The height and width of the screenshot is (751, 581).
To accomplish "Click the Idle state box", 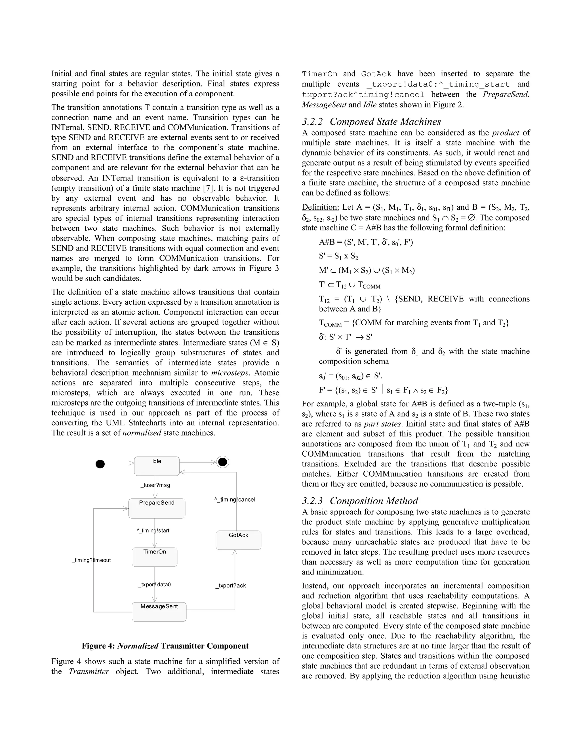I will pyautogui.click(x=157, y=466).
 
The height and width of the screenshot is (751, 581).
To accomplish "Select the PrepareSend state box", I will pyautogui.click(x=157, y=508).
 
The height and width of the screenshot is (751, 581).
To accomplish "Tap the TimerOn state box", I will pyautogui.click(x=155, y=557).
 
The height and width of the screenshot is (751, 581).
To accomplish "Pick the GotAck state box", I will pyautogui.click(x=238, y=540).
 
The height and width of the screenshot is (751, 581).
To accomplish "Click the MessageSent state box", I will pyautogui.click(x=159, y=611).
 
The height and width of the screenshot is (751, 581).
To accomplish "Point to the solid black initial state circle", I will pyautogui.click(x=100, y=464).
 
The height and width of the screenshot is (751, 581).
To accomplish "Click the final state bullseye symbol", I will pyautogui.click(x=223, y=462).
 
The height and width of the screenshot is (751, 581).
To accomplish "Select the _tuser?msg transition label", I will pyautogui.click(x=155, y=485).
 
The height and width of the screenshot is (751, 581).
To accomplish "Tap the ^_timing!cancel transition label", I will pyautogui.click(x=235, y=500).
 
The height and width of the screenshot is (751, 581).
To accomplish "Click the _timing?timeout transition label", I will pyautogui.click(x=92, y=560).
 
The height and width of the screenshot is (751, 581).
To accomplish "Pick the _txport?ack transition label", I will pyautogui.click(x=231, y=585).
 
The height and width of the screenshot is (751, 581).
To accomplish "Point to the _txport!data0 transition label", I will pyautogui.click(x=155, y=585).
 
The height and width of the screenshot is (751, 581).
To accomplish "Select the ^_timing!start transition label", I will pyautogui.click(x=153, y=531).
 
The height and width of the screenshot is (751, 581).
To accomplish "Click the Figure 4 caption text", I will pyautogui.click(x=165, y=646).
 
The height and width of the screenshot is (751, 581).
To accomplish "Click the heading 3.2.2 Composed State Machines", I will pyautogui.click(x=371, y=122).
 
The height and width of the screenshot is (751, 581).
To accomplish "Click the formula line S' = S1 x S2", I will pyautogui.click(x=338, y=256).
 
